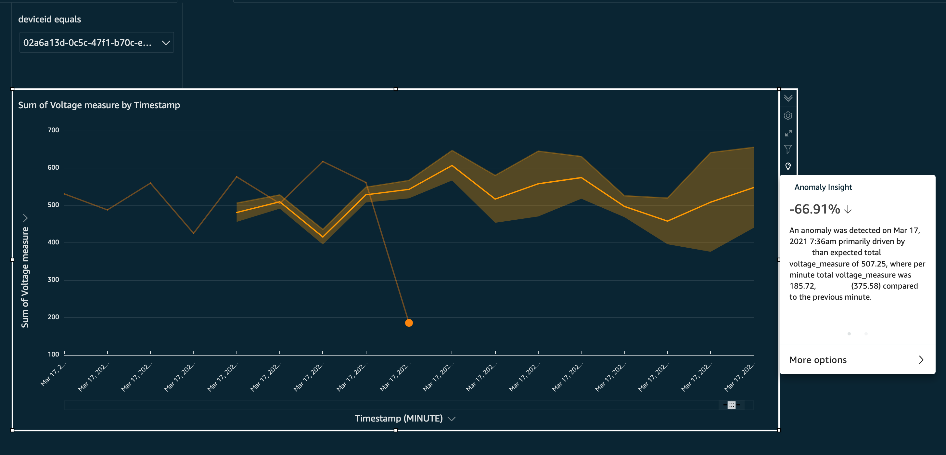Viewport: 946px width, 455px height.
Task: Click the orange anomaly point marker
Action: coord(409,323)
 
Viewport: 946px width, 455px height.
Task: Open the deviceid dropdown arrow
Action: coord(166,43)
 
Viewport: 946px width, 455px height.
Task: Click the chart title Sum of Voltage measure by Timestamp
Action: coord(99,105)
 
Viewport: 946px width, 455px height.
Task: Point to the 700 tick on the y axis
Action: coord(53,130)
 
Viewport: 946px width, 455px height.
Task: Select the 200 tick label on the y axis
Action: coord(53,317)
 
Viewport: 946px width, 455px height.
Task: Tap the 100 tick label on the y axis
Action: coord(53,354)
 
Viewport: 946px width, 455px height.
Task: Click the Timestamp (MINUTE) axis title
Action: coord(399,418)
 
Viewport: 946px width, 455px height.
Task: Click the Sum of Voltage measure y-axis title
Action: coord(25,278)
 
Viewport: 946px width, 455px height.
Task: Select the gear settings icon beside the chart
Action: coord(788,116)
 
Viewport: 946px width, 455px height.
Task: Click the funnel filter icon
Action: coord(788,149)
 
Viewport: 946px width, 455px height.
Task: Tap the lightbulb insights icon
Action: coord(788,166)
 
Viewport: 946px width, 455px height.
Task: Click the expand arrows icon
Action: coord(788,133)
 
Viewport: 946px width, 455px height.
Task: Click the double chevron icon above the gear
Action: coord(788,98)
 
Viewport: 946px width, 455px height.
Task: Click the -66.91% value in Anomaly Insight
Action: coord(814,209)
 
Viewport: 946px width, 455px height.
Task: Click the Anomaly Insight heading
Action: coord(823,187)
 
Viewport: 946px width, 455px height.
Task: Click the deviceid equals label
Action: coord(50,19)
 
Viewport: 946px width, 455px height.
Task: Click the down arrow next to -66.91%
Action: coord(848,210)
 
